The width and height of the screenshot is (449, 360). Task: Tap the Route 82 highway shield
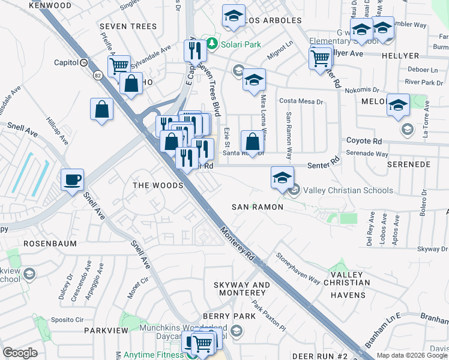point(97,75)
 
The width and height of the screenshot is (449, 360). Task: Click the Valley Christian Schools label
point(348,191)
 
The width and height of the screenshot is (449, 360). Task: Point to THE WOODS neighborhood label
point(157,186)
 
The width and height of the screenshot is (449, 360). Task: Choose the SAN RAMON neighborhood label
point(258,207)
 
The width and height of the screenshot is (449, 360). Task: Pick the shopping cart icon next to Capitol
point(119,65)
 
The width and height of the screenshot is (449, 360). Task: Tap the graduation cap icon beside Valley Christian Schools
point(282,177)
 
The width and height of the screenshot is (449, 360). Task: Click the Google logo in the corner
point(20,353)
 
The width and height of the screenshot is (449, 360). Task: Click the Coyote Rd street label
point(364,141)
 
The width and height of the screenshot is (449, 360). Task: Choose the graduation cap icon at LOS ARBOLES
point(234,16)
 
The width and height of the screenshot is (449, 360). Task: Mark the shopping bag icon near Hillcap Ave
point(102,109)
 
